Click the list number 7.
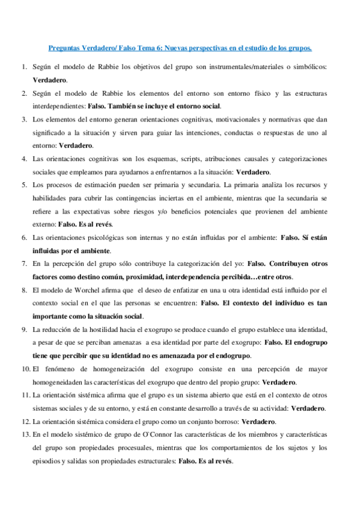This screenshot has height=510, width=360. (x=23, y=263)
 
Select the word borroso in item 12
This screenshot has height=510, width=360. (x=223, y=421)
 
